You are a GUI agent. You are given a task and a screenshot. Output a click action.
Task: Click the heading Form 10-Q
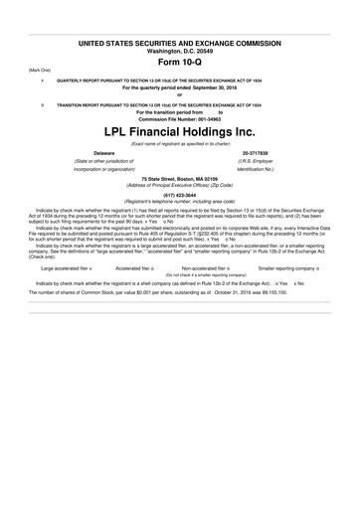(179, 61)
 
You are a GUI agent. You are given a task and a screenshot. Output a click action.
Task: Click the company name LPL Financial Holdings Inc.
(179, 131)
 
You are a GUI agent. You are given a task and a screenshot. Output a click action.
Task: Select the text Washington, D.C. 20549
(179, 50)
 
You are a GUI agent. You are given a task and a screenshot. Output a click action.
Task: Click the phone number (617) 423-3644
(179, 196)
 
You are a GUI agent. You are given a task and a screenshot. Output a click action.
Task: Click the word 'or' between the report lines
(179, 95)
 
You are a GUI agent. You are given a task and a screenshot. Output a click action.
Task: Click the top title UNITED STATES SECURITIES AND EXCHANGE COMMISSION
(179, 42)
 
